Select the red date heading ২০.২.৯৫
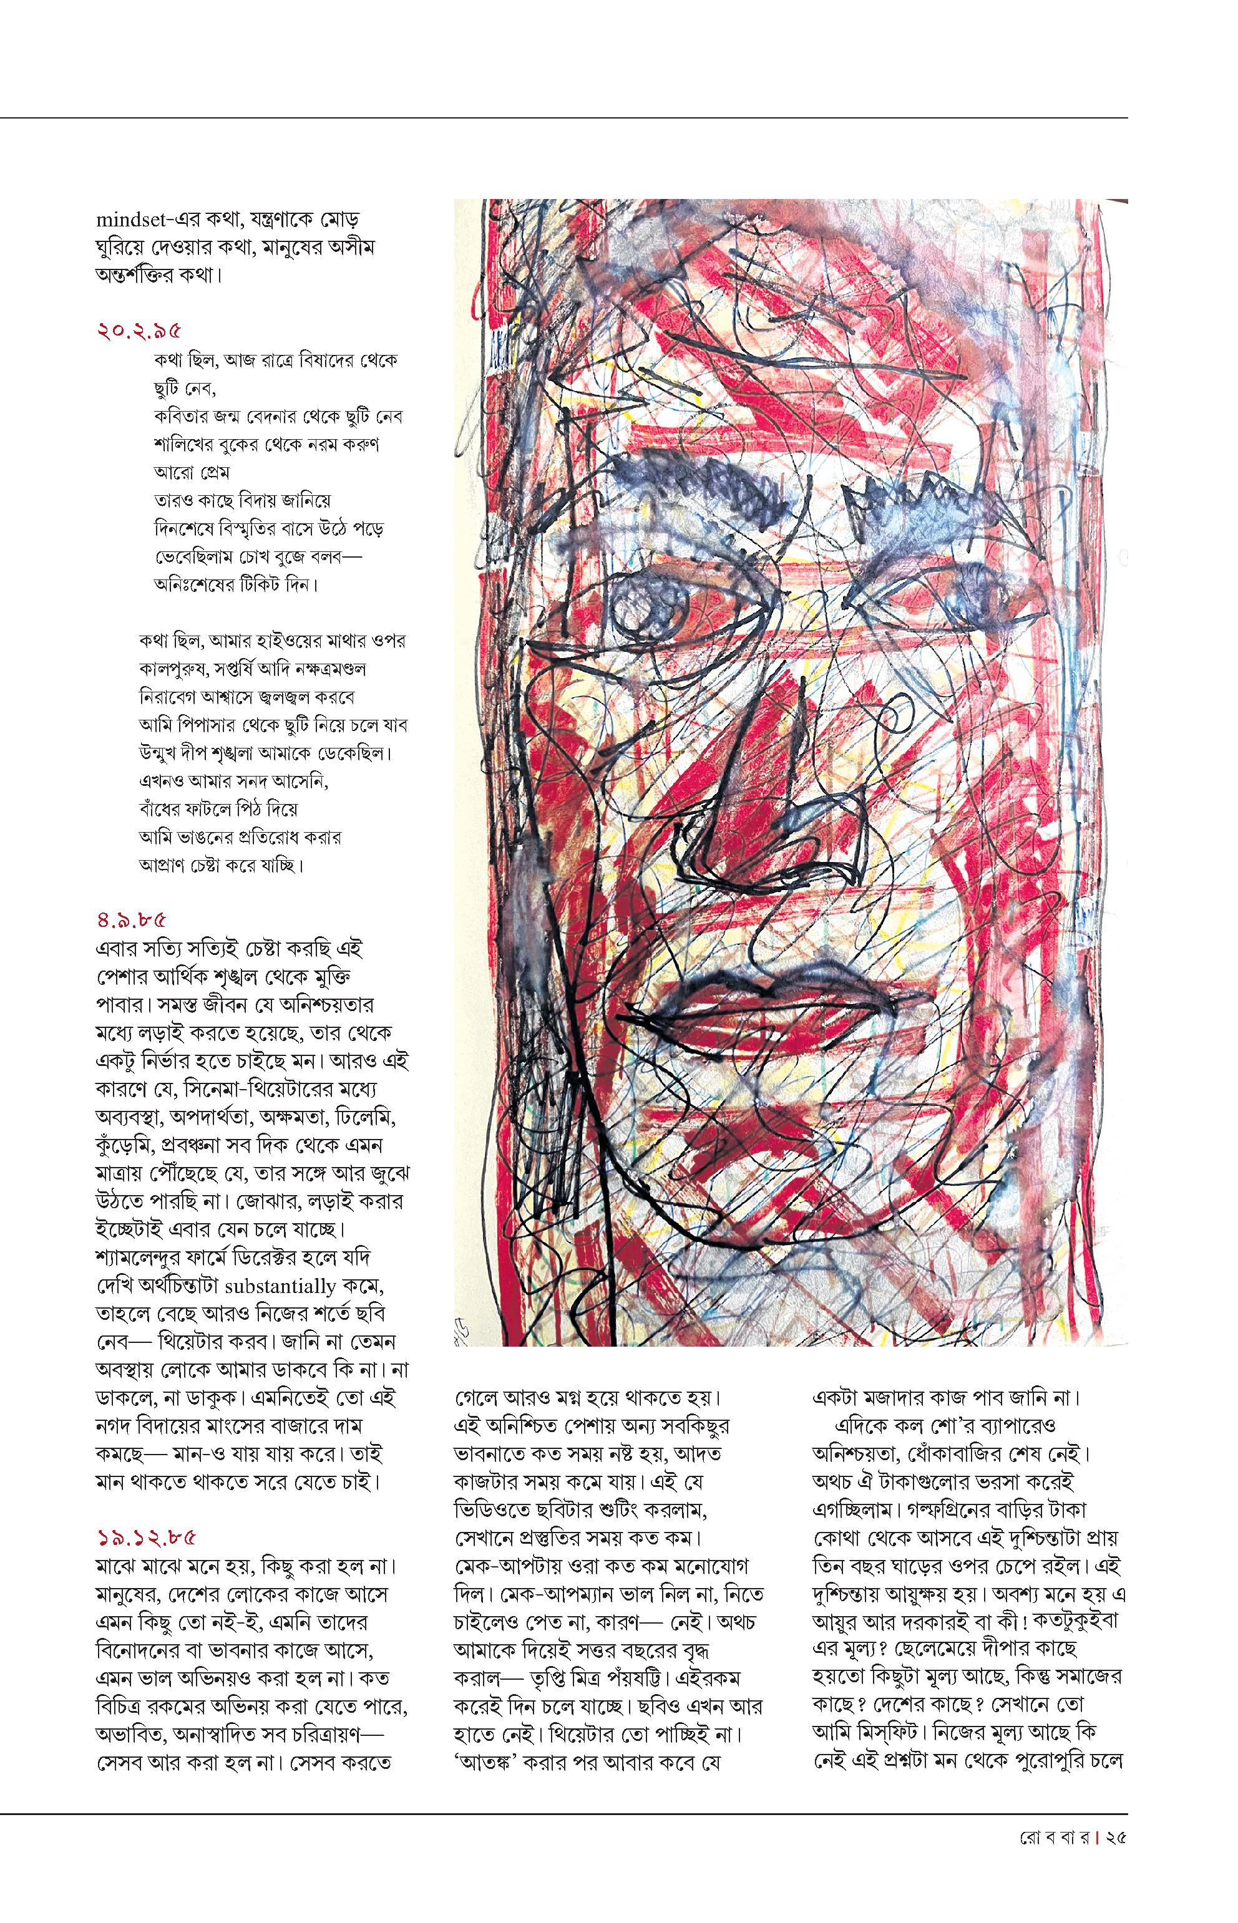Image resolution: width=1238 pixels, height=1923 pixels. click(139, 331)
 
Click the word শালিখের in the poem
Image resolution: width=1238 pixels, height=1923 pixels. click(183, 444)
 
